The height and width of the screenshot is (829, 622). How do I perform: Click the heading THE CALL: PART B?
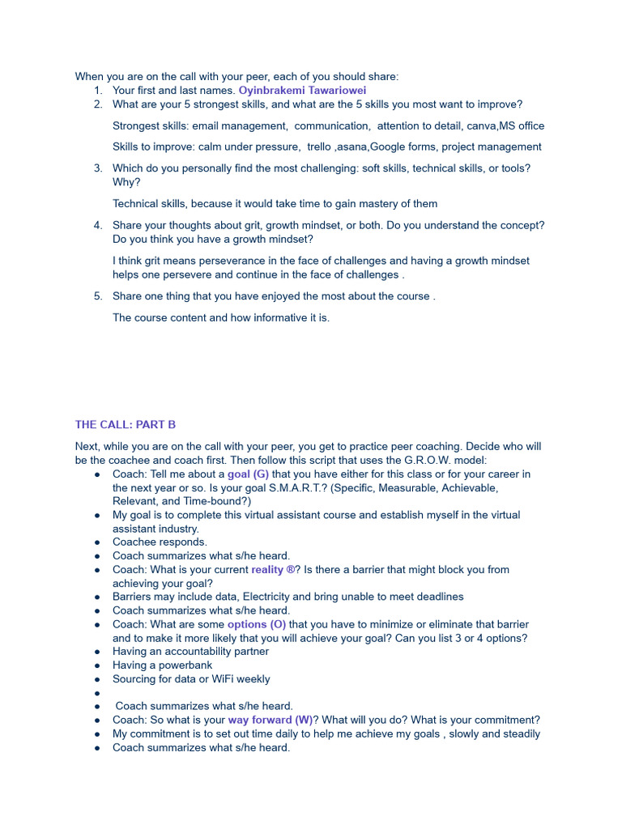pos(126,424)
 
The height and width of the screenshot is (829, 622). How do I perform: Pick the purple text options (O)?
pos(256,624)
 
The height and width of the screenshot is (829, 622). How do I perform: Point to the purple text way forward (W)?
pos(270,720)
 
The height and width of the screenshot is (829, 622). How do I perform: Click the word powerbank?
pos(186,665)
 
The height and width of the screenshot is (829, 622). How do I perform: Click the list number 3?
pos(97,168)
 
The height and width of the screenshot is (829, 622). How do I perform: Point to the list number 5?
pos(97,296)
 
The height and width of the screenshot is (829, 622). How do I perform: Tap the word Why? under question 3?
pos(126,182)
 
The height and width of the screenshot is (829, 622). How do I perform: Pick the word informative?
pos(275,317)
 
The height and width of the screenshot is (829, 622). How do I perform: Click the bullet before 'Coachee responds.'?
pos(97,542)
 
